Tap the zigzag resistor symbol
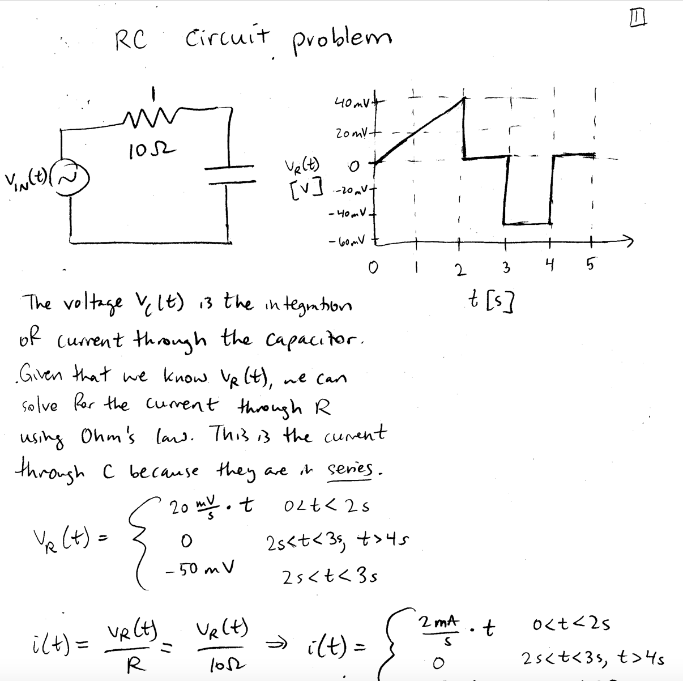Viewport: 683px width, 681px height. click(146, 119)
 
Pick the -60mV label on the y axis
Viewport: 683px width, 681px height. click(351, 242)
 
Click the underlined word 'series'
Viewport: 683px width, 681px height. click(353, 470)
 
